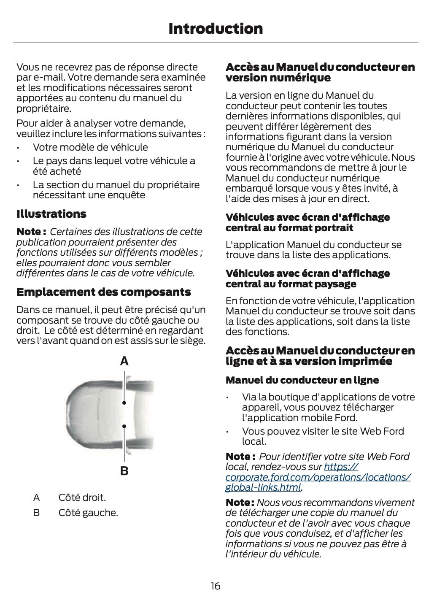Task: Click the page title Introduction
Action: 215,29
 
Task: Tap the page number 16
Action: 216,586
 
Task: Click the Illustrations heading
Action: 51,214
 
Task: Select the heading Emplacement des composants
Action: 103,292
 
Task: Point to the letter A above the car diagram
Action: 124,361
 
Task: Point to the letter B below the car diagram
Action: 124,471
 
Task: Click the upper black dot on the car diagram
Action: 124,403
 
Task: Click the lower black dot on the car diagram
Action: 124,426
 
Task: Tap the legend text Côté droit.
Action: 82,497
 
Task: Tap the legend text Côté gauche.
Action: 88,513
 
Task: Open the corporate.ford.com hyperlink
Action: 318,477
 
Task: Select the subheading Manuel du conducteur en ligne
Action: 302,380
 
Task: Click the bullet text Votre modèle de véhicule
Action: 90,147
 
